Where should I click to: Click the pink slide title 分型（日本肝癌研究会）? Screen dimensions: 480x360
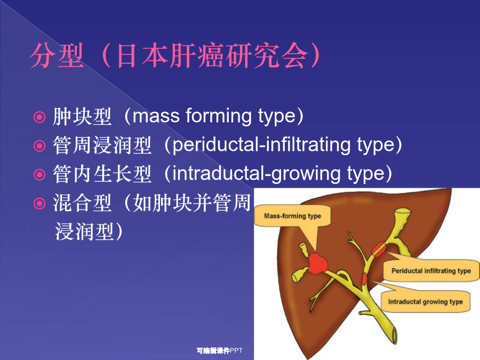click(x=175, y=55)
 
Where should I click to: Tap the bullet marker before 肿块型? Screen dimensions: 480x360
click(x=39, y=117)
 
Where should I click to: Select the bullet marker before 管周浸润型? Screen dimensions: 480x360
click(x=39, y=146)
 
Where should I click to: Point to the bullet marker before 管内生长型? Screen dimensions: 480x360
click(x=39, y=174)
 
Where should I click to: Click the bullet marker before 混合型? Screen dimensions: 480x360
click(x=39, y=203)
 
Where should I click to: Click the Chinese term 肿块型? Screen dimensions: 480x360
click(x=82, y=117)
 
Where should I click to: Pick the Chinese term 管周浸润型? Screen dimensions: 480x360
click(x=102, y=146)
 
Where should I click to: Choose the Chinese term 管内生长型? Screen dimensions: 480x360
click(x=102, y=174)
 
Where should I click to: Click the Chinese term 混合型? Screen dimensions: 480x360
click(x=82, y=203)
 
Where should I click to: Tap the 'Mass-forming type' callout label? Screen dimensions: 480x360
click(x=292, y=216)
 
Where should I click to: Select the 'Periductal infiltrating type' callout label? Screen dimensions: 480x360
click(x=431, y=271)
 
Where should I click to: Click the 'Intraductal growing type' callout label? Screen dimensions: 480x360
click(x=425, y=302)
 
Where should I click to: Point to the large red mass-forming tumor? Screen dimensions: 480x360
click(x=317, y=263)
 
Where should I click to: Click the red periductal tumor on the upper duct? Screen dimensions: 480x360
click(x=379, y=249)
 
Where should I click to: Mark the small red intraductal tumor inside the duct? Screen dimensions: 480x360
click(x=364, y=278)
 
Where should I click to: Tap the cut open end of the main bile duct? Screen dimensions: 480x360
click(x=394, y=335)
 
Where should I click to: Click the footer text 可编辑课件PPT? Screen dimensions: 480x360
click(x=220, y=350)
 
